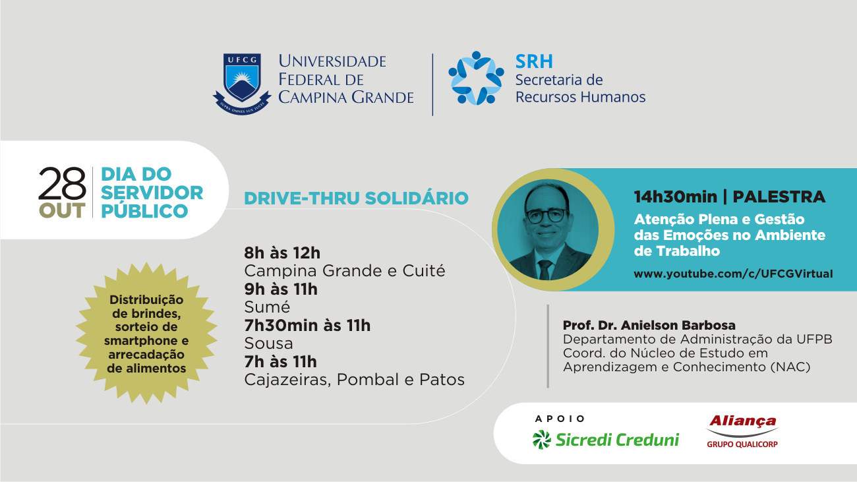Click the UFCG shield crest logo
(242, 84)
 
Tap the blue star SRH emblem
(476, 78)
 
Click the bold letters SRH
(534, 61)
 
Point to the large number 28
(62, 183)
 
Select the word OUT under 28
(62, 211)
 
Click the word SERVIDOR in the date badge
(152, 193)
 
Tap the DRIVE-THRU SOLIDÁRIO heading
(356, 198)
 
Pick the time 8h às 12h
(282, 253)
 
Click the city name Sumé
(267, 307)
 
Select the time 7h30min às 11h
(307, 326)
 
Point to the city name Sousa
(268, 343)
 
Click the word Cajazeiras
(287, 380)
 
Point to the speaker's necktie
(545, 269)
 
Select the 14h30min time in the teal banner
(675, 196)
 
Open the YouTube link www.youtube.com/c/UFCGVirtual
(733, 274)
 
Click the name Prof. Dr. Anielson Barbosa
(649, 325)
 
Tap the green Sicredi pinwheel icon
(542, 440)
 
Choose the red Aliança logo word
(742, 421)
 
